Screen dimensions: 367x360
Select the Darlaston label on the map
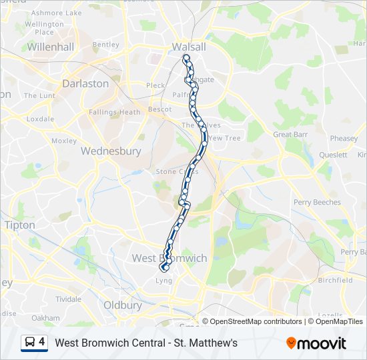click(x=85, y=83)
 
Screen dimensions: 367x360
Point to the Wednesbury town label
click(x=111, y=151)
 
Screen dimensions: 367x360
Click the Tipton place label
click(x=19, y=225)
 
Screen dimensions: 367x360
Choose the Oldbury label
click(x=123, y=305)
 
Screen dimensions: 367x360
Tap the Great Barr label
click(x=291, y=135)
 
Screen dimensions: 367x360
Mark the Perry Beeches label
click(x=317, y=202)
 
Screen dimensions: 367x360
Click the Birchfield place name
click(x=335, y=281)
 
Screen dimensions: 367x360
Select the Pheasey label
click(x=344, y=139)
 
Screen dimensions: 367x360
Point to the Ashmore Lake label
click(x=57, y=13)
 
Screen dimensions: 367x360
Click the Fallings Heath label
click(x=115, y=112)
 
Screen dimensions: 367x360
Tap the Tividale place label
click(x=68, y=299)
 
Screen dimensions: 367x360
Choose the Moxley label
click(x=64, y=141)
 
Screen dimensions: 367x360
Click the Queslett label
click(x=333, y=155)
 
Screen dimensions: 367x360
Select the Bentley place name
click(x=105, y=45)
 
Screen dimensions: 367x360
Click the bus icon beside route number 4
click(x=30, y=343)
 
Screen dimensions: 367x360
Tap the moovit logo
click(x=316, y=343)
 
